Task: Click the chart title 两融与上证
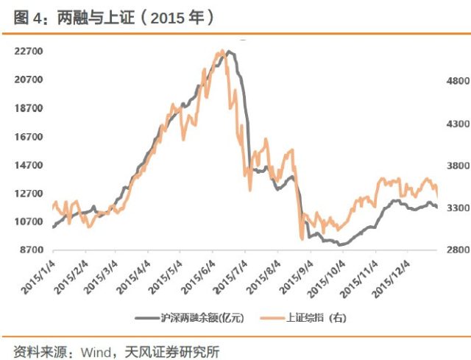point(81,17)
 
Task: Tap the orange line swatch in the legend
point(272,317)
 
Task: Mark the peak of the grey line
point(229,52)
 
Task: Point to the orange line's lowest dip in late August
point(301,239)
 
